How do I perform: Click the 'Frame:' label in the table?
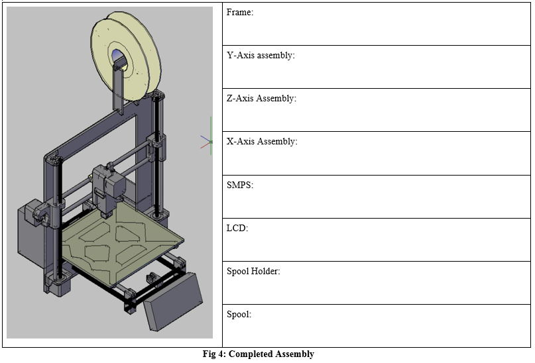[x=240, y=13]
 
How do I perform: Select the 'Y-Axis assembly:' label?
[x=261, y=56]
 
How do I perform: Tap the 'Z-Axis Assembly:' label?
[x=261, y=99]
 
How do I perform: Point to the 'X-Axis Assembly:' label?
[x=262, y=142]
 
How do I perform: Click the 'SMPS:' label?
[x=240, y=185]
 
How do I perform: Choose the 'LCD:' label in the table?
[x=237, y=228]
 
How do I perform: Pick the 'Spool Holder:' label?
[x=253, y=272]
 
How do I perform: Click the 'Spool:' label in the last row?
[x=239, y=315]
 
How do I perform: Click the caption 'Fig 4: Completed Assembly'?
[x=258, y=354]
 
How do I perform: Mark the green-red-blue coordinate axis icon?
[x=208, y=140]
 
